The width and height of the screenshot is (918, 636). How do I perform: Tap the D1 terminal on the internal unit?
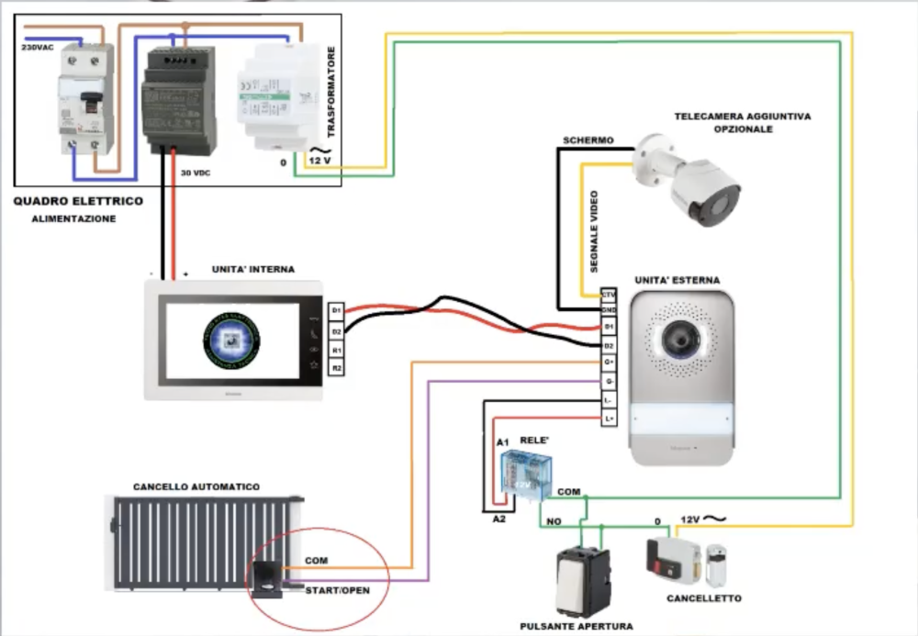pos(337,311)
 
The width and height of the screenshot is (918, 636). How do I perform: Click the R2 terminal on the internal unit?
pos(337,368)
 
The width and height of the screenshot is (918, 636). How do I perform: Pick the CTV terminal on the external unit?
pos(608,295)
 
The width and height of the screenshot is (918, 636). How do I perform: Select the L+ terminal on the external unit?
pos(608,418)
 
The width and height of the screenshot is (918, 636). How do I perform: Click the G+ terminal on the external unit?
pos(608,363)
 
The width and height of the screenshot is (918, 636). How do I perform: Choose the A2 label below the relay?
pos(499,519)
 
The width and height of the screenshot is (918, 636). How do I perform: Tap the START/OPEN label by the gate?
pos(338,590)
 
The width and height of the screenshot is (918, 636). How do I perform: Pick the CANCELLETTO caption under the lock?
pos(704,598)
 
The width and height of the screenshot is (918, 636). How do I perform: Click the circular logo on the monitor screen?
pos(232,341)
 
